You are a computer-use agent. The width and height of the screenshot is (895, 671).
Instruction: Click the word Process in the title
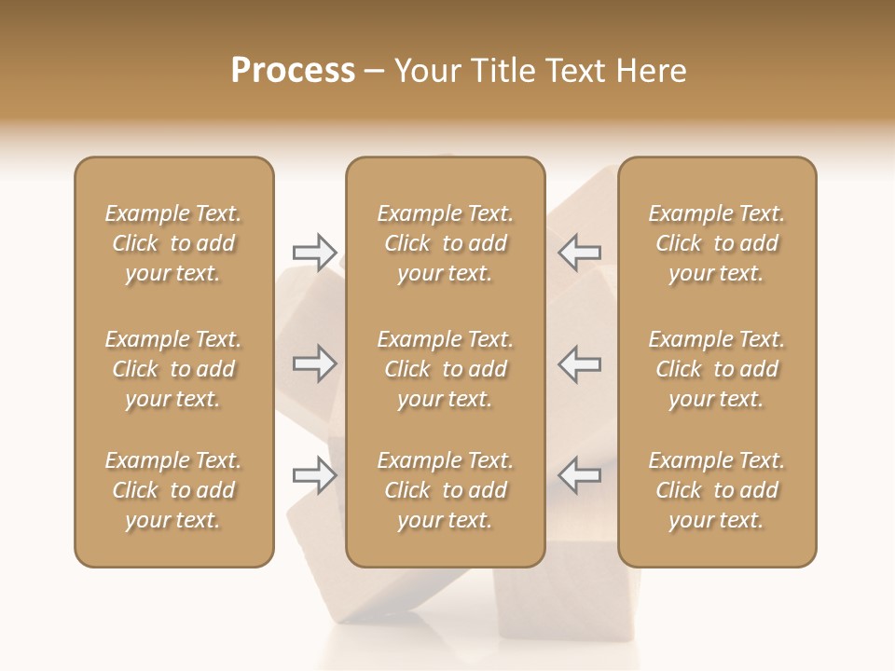[293, 71]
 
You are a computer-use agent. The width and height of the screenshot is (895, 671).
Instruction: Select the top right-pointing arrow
[315, 252]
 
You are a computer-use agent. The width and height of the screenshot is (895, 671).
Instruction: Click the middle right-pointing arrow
[315, 363]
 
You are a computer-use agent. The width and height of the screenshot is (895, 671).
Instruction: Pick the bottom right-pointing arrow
[315, 475]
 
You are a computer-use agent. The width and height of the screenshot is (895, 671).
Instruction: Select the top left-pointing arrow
[580, 252]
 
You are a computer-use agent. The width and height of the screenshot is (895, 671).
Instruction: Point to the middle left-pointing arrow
[580, 363]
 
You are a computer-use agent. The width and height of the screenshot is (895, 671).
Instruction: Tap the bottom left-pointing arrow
[580, 475]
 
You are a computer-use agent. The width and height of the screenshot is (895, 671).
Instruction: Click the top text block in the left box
[173, 243]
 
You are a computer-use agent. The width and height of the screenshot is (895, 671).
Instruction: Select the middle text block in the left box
[173, 369]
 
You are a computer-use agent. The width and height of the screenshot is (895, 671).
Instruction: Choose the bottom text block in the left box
[173, 490]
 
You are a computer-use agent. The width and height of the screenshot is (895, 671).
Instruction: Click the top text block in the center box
[446, 243]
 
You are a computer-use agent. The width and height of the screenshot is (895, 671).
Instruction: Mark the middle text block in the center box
[446, 369]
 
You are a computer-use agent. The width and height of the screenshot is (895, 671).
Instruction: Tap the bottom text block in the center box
[446, 490]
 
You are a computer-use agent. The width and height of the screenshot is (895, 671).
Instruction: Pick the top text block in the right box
[717, 243]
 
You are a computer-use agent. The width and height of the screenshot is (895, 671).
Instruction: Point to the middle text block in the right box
[717, 369]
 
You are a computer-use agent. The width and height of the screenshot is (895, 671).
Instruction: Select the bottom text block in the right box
[717, 490]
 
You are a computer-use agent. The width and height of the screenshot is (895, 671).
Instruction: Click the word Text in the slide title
[573, 71]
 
